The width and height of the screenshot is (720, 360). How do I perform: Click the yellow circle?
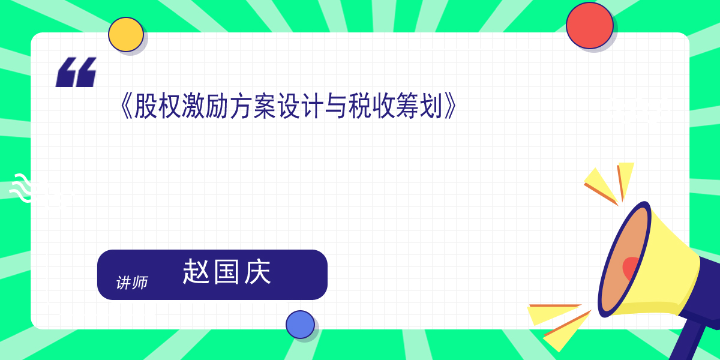click(x=125, y=34)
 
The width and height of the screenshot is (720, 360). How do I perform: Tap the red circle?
click(x=589, y=25)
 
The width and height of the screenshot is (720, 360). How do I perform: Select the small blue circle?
click(x=300, y=325)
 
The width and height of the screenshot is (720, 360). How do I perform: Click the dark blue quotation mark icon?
click(x=76, y=72)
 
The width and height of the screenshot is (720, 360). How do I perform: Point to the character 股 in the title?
click(x=146, y=106)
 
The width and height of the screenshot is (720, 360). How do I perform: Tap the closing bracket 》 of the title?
click(x=449, y=106)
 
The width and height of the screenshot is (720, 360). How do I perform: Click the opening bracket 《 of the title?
click(x=125, y=106)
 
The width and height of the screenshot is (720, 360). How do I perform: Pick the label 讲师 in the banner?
click(x=132, y=283)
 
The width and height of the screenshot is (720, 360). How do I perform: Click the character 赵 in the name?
click(x=196, y=272)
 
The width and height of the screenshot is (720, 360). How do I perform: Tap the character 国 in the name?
click(x=227, y=272)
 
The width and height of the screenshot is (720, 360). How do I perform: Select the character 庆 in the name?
click(x=257, y=272)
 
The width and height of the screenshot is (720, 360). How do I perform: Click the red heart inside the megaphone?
click(x=629, y=268)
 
